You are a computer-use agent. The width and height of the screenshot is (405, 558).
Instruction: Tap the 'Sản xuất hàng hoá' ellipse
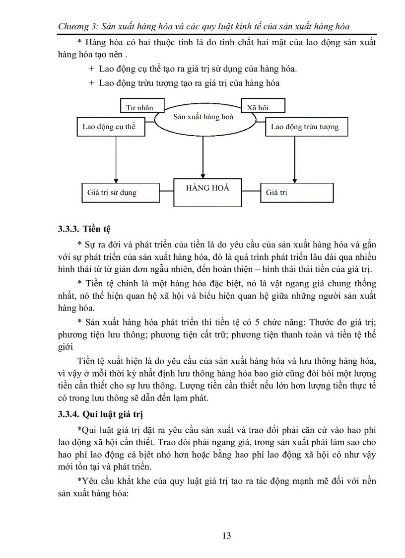coord(203,118)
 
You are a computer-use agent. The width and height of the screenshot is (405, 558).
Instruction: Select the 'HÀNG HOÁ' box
coord(207,192)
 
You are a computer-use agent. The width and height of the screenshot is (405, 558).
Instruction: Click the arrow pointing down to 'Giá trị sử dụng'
coord(115,159)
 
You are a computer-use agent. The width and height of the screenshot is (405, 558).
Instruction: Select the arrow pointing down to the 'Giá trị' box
coord(295,159)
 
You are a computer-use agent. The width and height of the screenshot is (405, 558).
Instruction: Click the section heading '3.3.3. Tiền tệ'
coord(84,230)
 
